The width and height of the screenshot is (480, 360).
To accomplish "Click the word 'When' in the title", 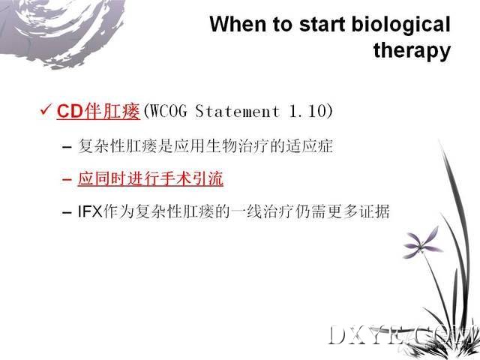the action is click(x=238, y=24).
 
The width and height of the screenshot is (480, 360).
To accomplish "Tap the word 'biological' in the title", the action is click(x=401, y=25).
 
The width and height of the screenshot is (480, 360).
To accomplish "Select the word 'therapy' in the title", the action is click(x=412, y=50).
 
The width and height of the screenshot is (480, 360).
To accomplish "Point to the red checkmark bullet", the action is click(x=46, y=109).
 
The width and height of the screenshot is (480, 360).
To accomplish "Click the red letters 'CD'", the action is click(x=70, y=110).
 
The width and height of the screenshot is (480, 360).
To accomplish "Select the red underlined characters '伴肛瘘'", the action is click(x=112, y=110).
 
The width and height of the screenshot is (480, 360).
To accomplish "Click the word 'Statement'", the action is click(x=237, y=110).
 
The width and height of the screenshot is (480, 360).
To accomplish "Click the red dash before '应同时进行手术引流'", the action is click(x=67, y=179).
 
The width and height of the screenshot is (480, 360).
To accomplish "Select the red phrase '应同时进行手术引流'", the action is click(x=150, y=178).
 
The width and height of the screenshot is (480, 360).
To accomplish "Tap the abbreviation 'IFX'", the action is click(x=90, y=211).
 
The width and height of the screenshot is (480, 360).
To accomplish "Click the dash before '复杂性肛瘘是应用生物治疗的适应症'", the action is click(x=67, y=147).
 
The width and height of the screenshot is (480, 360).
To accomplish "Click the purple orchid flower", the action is click(x=421, y=242).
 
